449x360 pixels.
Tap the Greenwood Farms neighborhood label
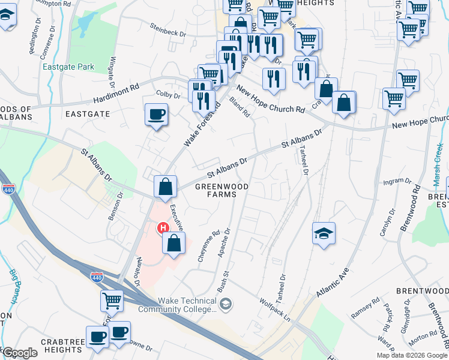pos(222,191)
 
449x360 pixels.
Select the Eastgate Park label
pos(68,67)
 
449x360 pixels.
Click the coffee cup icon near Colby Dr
pos(156,114)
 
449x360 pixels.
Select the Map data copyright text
pos(412,355)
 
